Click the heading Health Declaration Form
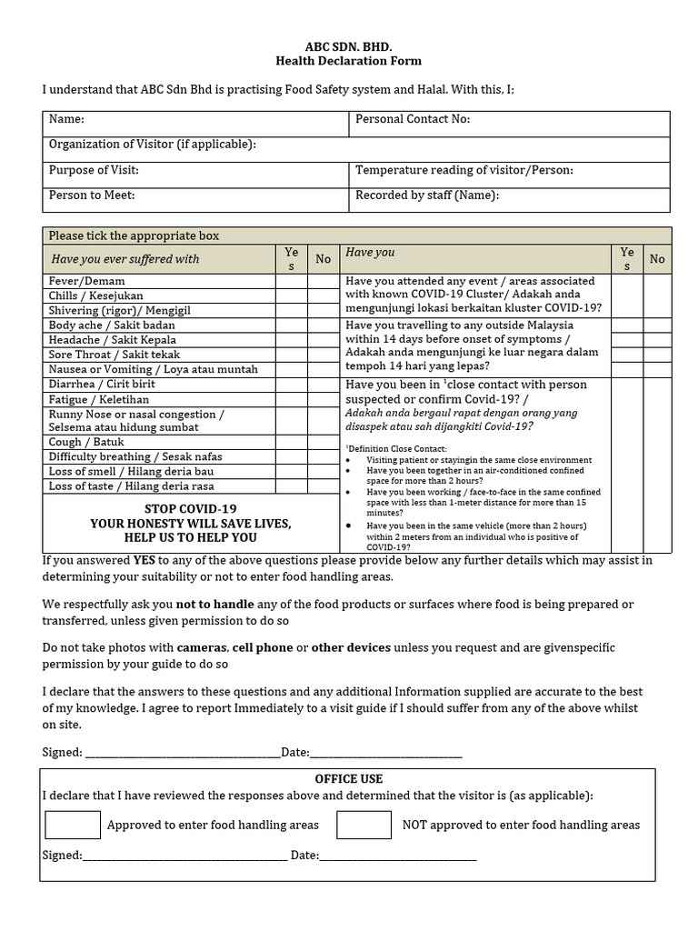click(349, 61)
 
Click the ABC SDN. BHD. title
click(349, 45)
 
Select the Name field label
click(66, 119)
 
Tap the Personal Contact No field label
click(413, 119)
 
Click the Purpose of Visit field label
click(94, 170)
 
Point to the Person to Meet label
click(92, 195)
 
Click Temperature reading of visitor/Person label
click(464, 170)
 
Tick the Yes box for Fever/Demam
click(291, 282)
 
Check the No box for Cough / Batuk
click(323, 442)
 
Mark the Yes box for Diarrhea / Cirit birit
click(291, 384)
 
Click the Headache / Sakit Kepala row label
click(113, 339)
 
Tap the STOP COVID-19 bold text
click(191, 509)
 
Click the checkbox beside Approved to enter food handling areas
click(73, 825)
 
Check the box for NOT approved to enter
click(364, 825)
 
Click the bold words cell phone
click(263, 647)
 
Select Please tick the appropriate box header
click(134, 235)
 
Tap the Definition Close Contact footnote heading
click(396, 449)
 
